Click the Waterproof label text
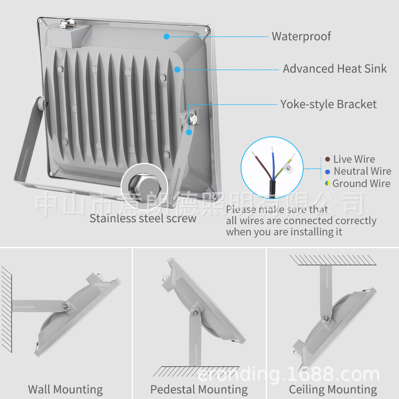pyautogui.click(x=301, y=36)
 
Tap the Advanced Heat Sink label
pyautogui.click(x=334, y=69)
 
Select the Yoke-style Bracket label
pyautogui.click(x=328, y=105)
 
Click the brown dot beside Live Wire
pyautogui.click(x=327, y=159)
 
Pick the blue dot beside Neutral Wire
pyautogui.click(x=327, y=172)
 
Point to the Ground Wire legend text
pyautogui.click(x=361, y=184)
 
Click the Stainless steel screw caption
pyautogui.click(x=143, y=219)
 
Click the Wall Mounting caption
pyautogui.click(x=65, y=389)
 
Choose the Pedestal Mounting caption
pyautogui.click(x=199, y=389)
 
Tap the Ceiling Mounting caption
pyautogui.click(x=333, y=389)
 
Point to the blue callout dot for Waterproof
pyautogui.click(x=166, y=36)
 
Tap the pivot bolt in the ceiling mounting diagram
pyautogui.click(x=326, y=319)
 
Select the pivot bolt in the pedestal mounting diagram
pyautogui.click(x=195, y=312)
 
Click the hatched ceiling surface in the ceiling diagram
pyautogui.click(x=333, y=260)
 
